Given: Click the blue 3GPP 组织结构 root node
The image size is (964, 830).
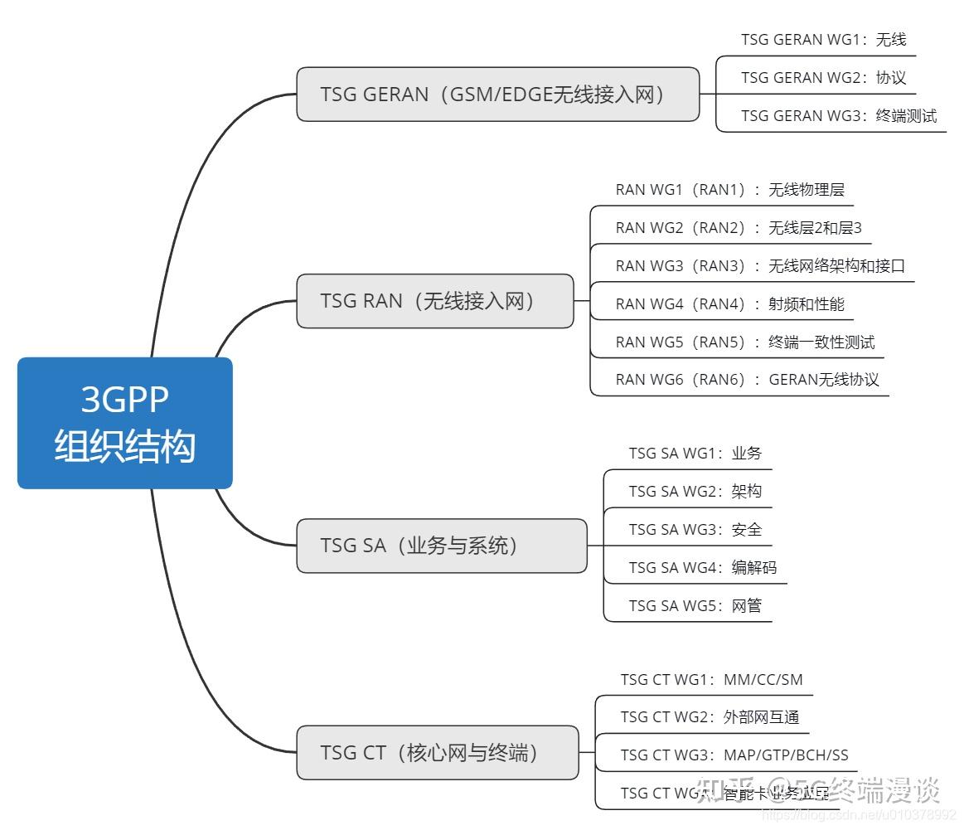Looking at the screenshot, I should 124,423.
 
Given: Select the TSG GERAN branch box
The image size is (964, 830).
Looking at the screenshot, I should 497,94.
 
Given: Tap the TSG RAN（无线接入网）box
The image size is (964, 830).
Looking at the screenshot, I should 434,301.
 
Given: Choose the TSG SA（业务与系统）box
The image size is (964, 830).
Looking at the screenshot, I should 441,546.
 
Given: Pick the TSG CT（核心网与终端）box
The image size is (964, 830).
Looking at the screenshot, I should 437,753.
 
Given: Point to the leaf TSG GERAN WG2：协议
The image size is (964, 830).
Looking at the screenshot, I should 823,77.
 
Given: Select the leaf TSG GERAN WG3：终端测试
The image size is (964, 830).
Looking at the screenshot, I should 838,115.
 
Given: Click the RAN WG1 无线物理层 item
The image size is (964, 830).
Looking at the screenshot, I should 729,190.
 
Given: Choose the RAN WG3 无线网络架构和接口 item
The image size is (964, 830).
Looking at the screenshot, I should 760,266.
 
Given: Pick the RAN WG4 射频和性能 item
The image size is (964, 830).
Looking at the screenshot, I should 729,304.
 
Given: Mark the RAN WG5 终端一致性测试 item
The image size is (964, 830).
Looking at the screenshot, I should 744,342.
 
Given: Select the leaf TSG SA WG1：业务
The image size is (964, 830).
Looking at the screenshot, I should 695,454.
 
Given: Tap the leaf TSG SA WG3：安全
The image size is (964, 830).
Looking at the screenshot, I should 695,530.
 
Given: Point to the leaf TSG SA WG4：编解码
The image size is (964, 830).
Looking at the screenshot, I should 702,568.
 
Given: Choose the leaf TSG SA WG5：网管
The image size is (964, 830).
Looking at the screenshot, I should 695,606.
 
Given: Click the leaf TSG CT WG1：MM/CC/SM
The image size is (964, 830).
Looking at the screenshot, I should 711,680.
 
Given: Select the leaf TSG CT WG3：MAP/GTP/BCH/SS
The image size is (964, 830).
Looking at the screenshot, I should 734,755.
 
